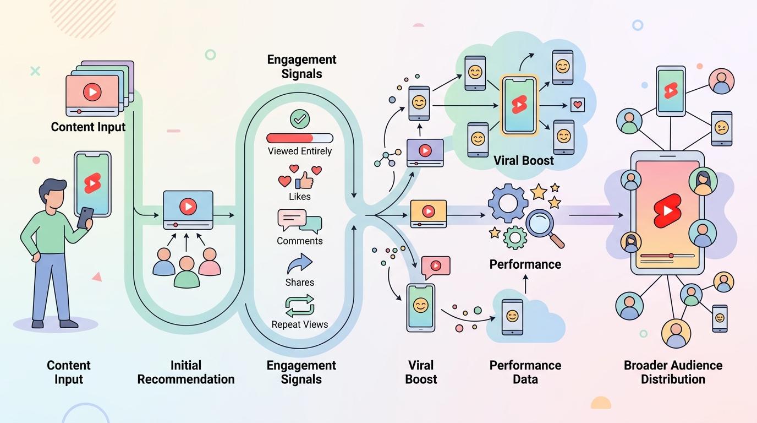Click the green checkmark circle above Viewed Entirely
[x=300, y=119]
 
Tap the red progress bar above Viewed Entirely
[x=300, y=138]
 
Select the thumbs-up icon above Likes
[x=304, y=180]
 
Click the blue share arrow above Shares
[x=300, y=263]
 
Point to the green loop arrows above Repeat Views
[x=300, y=305]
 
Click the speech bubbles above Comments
[x=300, y=221]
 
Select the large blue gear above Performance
[x=508, y=203]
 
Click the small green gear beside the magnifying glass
[x=515, y=237]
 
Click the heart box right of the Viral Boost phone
[x=578, y=105]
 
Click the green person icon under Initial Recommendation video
[x=186, y=272]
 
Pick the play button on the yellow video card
[x=429, y=211]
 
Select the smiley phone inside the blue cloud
[x=512, y=317]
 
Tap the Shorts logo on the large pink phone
[x=667, y=210]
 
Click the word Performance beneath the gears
[x=525, y=264]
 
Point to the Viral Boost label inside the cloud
[x=524, y=160]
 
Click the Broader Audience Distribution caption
[x=673, y=372]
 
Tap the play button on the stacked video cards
[x=92, y=92]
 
